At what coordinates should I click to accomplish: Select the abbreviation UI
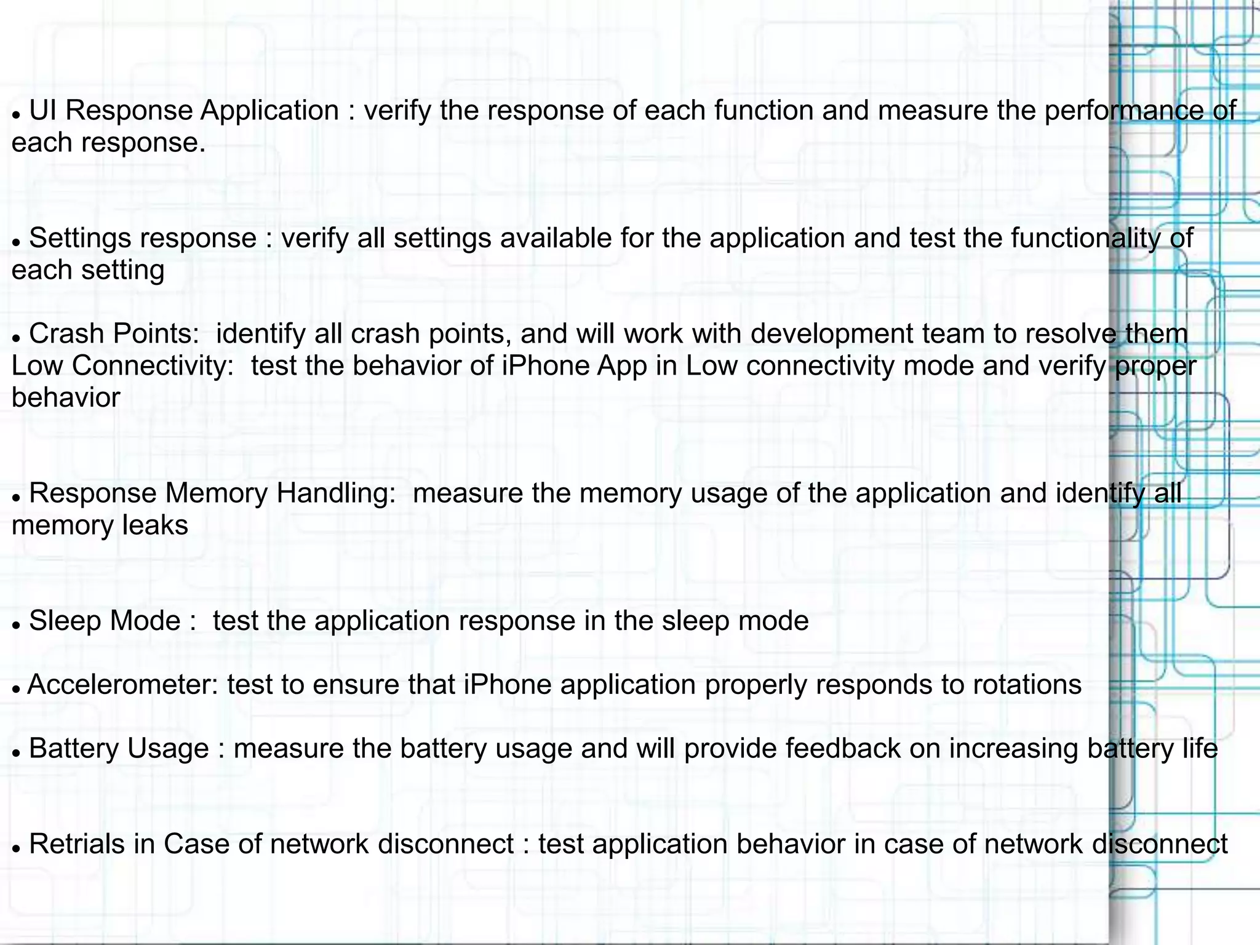pos(42,111)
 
